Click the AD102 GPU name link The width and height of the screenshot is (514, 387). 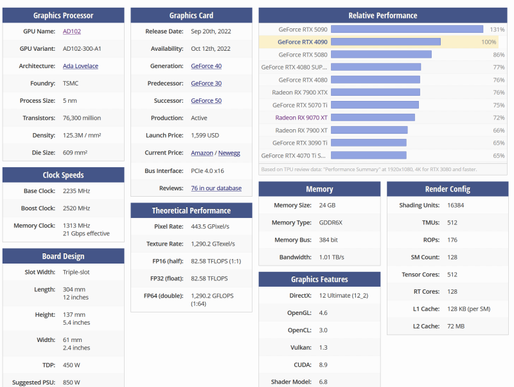click(x=71, y=31)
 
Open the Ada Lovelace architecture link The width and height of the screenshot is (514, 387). click(x=80, y=66)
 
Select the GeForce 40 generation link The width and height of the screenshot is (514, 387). click(x=206, y=66)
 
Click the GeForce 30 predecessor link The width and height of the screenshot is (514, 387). click(x=206, y=83)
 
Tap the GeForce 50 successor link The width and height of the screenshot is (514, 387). click(x=206, y=100)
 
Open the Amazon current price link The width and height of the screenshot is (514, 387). click(x=202, y=153)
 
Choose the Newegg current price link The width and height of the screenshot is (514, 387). click(x=229, y=153)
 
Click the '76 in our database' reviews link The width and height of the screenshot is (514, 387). click(x=216, y=188)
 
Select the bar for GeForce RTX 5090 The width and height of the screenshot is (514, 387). click(x=407, y=29)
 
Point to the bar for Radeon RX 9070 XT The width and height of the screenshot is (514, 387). click(x=373, y=118)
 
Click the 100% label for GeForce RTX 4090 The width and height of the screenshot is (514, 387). click(x=488, y=42)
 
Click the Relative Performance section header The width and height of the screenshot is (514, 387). click(x=382, y=15)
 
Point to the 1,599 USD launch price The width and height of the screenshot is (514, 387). click(x=205, y=135)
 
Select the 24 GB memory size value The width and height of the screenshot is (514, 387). click(x=326, y=205)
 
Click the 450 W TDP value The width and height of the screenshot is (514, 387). click(x=72, y=364)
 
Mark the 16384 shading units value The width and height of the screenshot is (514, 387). click(x=456, y=205)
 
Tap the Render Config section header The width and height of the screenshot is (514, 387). click(x=447, y=189)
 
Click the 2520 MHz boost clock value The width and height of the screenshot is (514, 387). click(x=76, y=208)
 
